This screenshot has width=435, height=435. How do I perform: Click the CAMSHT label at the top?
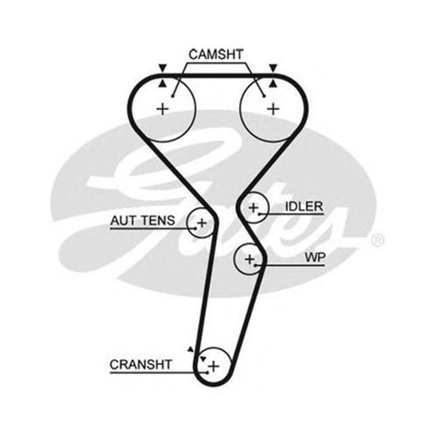[x=217, y=54]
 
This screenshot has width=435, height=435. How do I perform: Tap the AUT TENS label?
[x=143, y=220]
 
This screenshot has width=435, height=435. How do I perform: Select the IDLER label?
[x=304, y=206]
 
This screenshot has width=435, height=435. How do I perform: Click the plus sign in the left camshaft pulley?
[x=162, y=108]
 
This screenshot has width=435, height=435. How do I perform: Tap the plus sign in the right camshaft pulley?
[x=273, y=108]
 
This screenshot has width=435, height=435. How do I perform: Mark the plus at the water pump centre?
[x=249, y=259]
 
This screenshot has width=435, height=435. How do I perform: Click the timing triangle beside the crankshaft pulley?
[x=191, y=349]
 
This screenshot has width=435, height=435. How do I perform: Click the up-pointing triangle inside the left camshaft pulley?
[x=162, y=83]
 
